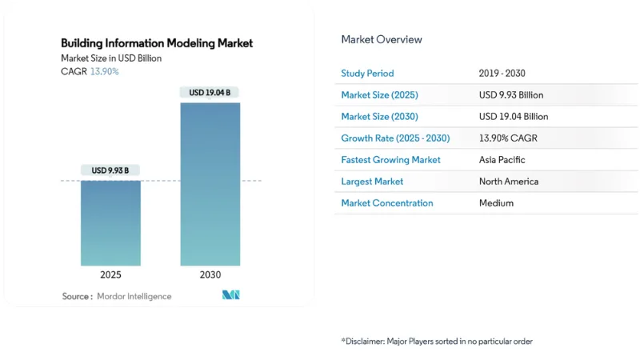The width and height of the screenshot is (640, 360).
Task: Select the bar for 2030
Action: click(x=210, y=184)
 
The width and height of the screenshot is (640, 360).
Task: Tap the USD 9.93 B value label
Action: click(x=110, y=170)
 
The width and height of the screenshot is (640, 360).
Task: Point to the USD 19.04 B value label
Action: click(x=210, y=93)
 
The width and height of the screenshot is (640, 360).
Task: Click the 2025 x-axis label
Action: click(x=110, y=275)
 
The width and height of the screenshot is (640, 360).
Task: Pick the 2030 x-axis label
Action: click(x=210, y=275)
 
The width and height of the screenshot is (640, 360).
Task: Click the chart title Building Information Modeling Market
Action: click(x=157, y=43)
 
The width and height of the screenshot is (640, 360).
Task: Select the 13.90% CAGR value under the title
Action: click(x=104, y=72)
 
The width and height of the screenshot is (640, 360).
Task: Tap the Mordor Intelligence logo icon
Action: click(x=231, y=295)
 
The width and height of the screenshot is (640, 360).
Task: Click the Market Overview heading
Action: click(x=382, y=40)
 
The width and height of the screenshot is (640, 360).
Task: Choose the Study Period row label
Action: click(x=367, y=74)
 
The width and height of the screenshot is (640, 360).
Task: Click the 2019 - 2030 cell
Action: click(x=502, y=74)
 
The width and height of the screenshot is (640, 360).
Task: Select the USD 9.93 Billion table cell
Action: click(x=511, y=95)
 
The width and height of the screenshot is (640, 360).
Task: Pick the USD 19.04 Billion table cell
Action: click(x=514, y=117)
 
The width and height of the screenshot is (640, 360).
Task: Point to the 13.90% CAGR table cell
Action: click(x=508, y=138)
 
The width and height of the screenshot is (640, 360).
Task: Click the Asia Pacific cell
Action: click(x=502, y=160)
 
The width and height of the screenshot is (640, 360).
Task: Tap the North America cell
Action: click(x=509, y=182)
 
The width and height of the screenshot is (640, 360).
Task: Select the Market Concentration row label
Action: click(x=387, y=203)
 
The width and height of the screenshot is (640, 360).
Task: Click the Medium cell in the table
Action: click(x=496, y=203)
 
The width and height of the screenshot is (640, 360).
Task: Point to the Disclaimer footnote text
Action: click(x=437, y=342)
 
